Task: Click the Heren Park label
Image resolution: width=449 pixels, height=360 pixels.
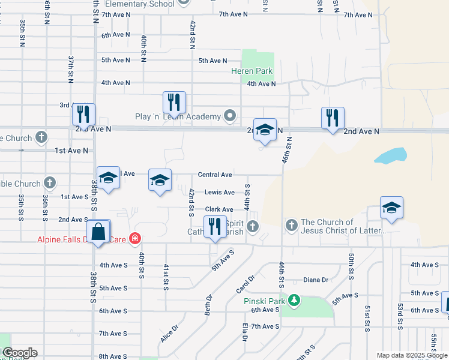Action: [252, 71]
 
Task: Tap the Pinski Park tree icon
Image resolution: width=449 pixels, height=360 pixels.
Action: [294, 299]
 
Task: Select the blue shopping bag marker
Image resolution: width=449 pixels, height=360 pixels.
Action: [98, 232]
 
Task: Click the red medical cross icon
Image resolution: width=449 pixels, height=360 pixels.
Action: [135, 239]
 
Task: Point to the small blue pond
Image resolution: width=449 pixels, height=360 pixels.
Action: [390, 156]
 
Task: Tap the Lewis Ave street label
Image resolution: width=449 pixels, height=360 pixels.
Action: [220, 193]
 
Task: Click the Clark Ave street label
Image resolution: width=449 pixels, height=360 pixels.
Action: [219, 209]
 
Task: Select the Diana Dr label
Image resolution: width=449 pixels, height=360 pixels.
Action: [316, 280]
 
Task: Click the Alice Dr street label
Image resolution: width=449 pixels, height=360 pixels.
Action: [169, 334]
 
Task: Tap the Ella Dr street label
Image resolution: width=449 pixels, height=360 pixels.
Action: [245, 332]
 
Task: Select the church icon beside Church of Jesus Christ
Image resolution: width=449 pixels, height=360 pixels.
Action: [292, 226]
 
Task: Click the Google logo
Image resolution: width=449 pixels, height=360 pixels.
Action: [19, 353]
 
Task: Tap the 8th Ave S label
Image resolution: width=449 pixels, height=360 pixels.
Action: [113, 356]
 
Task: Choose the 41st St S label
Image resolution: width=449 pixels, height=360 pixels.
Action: [166, 277]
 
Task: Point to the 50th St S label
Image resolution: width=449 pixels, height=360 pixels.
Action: [350, 266]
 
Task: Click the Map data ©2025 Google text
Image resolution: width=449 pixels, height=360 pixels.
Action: [412, 355]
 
